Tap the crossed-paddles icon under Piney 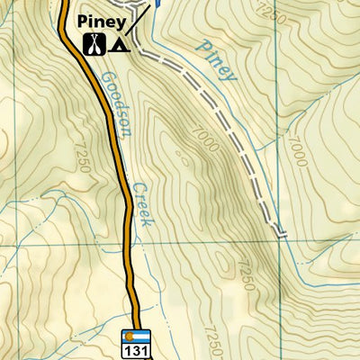(94, 43)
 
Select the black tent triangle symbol (117, 43)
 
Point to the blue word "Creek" (140, 205)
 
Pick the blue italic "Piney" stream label (217, 61)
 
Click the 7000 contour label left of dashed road (202, 135)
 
